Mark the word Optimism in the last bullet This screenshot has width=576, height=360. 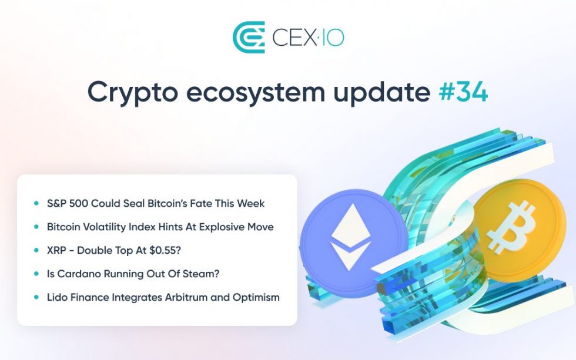coord(257,297)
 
